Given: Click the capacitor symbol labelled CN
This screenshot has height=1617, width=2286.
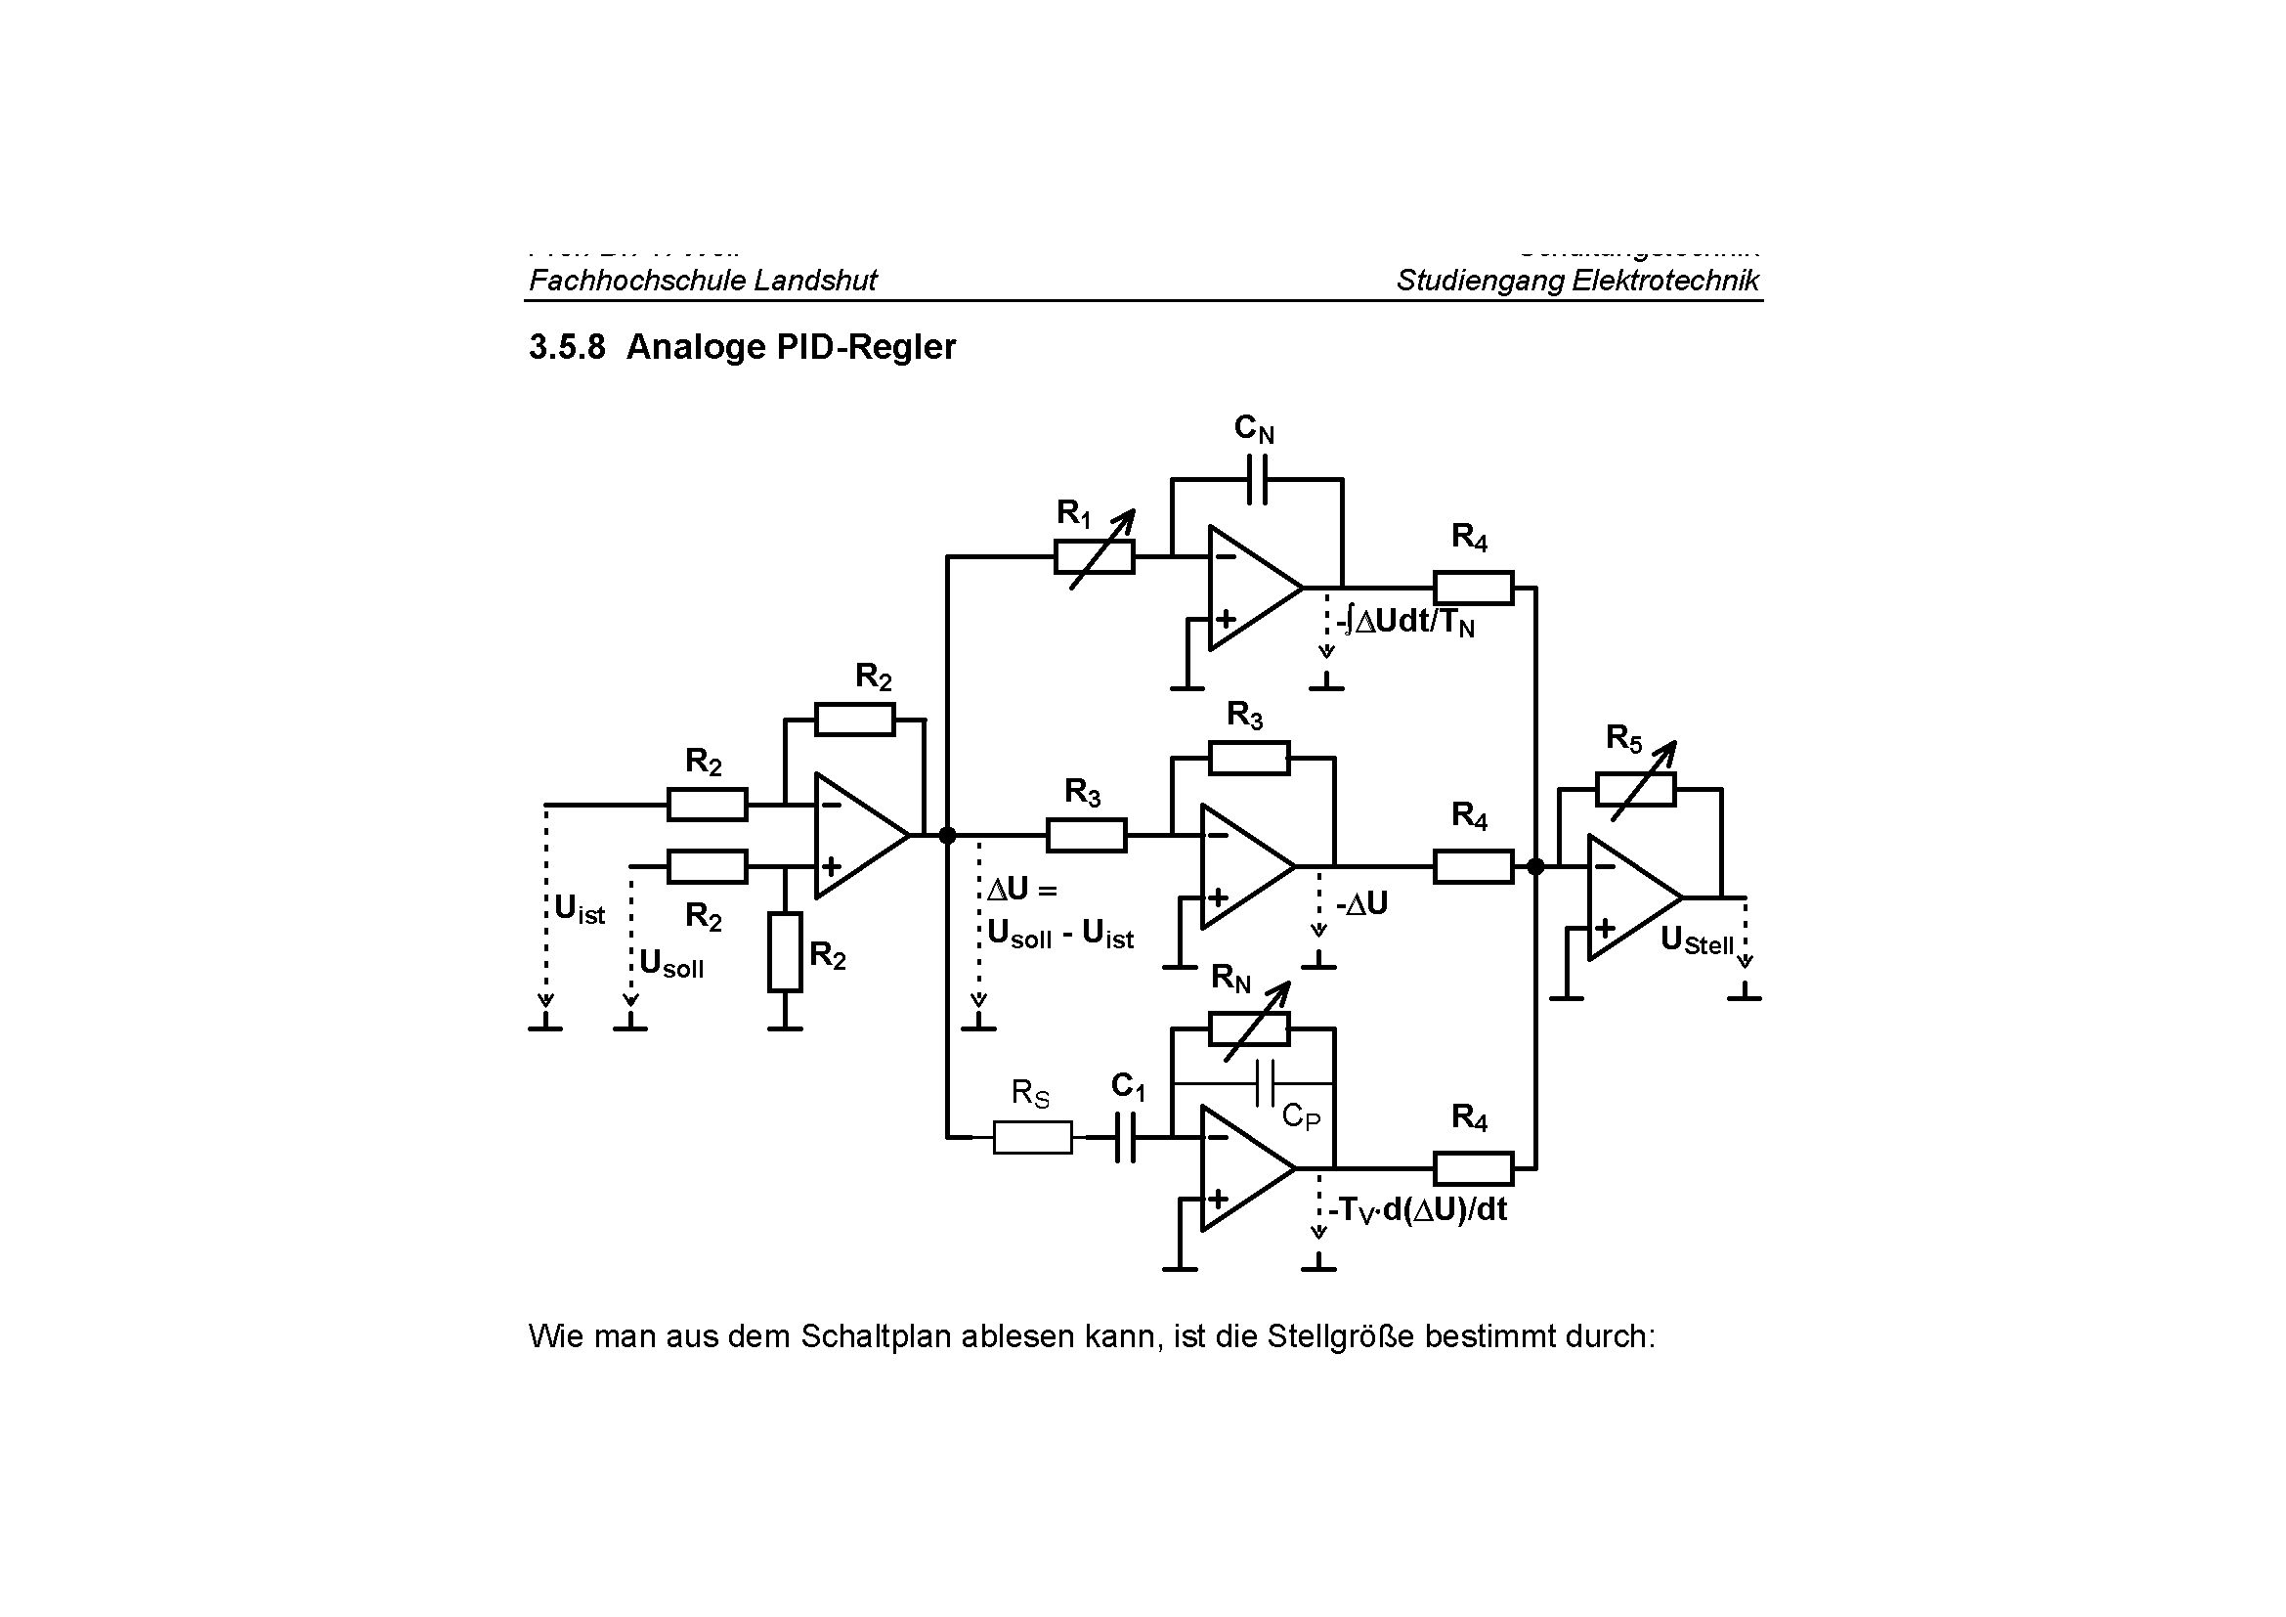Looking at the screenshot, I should tap(1257, 479).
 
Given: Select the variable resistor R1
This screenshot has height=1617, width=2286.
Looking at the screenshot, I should tap(1095, 557).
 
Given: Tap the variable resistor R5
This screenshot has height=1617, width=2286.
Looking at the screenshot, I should tap(1635, 789).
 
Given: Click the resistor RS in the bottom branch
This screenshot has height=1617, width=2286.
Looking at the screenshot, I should tap(1032, 1136).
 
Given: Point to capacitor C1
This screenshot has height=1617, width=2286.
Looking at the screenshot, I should tap(1125, 1136).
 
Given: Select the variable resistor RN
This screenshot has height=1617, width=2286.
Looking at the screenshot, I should tap(1248, 1028).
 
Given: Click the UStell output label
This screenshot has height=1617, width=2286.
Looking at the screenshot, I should tap(1697, 940).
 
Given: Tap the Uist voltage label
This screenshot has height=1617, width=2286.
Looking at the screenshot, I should tap(580, 909).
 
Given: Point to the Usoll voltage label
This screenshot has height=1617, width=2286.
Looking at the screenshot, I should tap(671, 963).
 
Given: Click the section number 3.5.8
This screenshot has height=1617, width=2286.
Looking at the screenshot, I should tap(567, 347).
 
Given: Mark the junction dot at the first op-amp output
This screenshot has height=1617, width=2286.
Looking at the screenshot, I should tap(947, 834).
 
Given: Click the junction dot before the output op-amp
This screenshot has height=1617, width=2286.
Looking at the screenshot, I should tap(1535, 866).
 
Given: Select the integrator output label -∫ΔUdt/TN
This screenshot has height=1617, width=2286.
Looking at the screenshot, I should tap(1404, 623).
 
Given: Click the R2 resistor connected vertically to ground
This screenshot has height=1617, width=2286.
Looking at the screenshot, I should tap(785, 952).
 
